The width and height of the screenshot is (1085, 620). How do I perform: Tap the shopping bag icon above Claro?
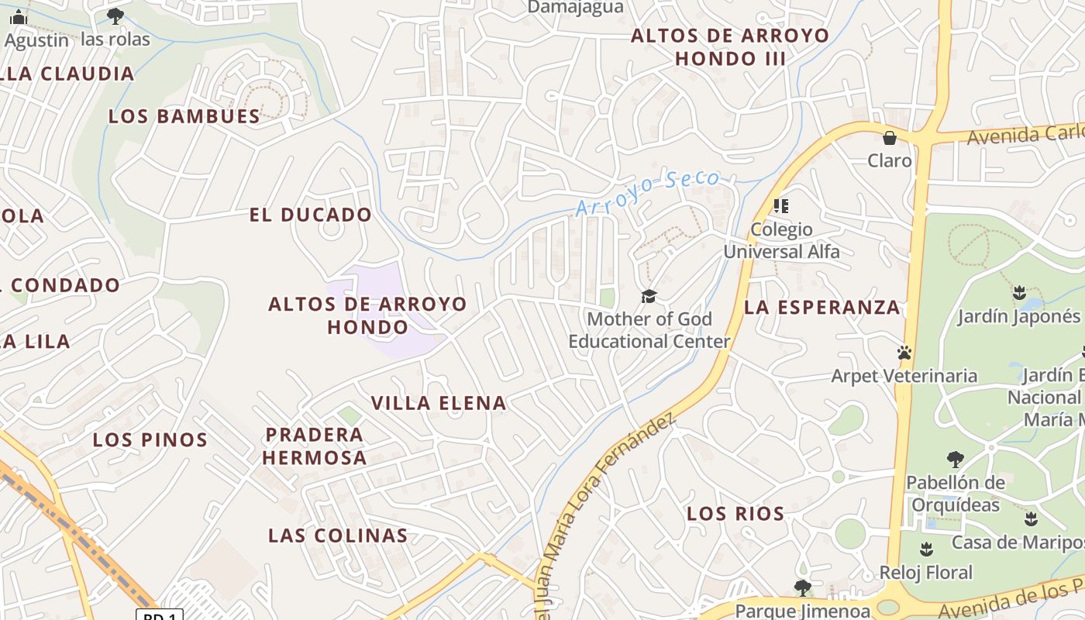point(889,138)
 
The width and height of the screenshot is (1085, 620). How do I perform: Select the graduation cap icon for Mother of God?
point(649,296)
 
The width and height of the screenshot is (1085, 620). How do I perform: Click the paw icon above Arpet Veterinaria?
point(904,353)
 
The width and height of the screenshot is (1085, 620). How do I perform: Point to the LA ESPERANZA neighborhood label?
point(822,308)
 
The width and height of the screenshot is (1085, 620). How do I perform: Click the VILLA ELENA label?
point(439,403)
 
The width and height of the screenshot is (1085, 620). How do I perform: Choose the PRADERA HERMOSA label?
point(315,446)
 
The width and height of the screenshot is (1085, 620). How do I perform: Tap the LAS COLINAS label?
point(338,536)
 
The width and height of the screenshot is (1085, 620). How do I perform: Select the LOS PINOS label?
point(150,440)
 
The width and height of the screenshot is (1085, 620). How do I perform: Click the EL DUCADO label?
point(311,215)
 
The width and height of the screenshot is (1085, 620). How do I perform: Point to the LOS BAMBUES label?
point(184,116)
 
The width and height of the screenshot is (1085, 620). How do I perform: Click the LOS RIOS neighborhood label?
point(735,513)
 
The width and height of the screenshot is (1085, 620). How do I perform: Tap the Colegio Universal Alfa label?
point(781,240)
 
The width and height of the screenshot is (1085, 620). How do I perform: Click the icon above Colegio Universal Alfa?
point(781,206)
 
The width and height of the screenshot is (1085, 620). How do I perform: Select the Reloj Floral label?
point(925,573)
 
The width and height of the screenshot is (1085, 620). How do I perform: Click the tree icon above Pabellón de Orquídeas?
point(955,459)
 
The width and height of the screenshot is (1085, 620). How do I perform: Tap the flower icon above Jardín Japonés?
point(1019,293)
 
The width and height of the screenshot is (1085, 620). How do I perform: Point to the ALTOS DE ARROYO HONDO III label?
point(730,46)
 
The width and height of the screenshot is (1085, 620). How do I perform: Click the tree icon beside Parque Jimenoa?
point(802,587)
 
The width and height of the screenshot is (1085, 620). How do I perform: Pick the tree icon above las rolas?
point(115,15)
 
